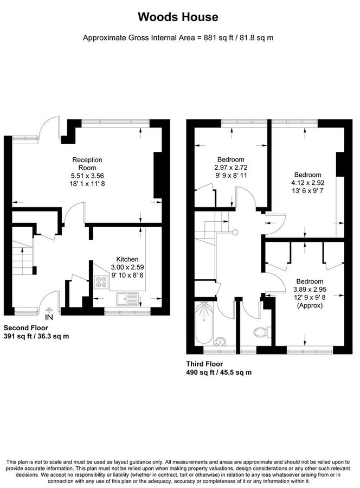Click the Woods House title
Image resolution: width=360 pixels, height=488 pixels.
pos(178,17)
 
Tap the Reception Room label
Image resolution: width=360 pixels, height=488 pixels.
pos(87,164)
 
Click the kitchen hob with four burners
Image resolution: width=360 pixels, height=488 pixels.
pos(101,282)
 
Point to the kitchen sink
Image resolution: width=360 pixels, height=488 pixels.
pos(128,297)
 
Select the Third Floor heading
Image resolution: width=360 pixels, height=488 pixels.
pos(204,364)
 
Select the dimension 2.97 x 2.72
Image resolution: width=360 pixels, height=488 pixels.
pos(231,168)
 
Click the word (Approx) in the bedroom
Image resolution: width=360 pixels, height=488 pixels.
pos(308,305)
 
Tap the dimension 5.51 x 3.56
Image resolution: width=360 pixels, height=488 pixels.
pos(87,176)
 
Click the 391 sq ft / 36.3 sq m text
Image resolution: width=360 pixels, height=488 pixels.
pos(36,337)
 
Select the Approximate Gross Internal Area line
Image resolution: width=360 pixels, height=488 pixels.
pos(178,38)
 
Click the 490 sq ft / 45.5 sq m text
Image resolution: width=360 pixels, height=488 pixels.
pos(218,373)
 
